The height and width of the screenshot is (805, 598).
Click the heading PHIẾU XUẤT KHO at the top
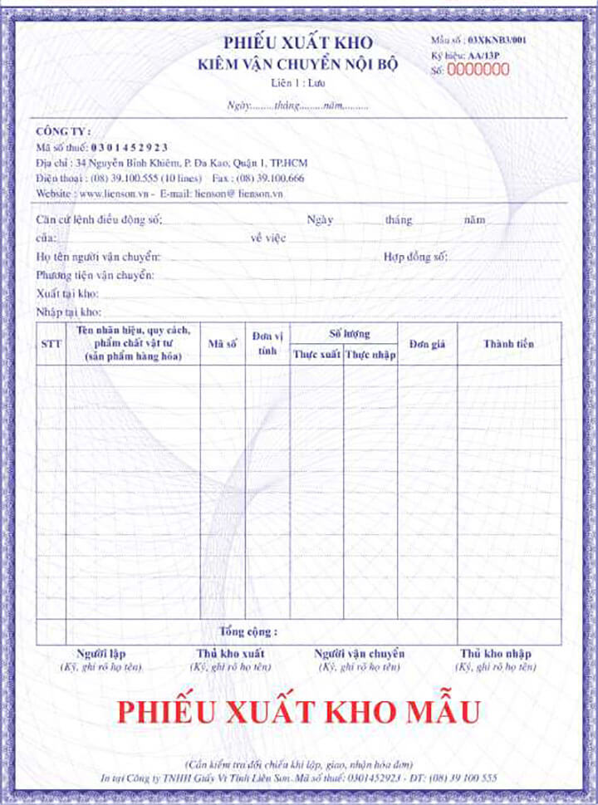297,43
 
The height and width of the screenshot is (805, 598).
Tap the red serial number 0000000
478,70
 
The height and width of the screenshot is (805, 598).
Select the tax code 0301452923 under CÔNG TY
130,147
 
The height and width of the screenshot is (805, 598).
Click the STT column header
51,344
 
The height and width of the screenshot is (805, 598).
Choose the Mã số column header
223,343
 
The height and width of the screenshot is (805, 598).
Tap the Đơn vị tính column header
267,343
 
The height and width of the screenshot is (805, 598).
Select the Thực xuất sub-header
316,355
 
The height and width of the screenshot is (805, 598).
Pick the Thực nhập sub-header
370,355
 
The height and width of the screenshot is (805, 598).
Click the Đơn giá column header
427,344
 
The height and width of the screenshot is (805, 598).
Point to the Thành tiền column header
508,344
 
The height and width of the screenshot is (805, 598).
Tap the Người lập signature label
100,654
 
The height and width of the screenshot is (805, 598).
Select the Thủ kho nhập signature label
495,654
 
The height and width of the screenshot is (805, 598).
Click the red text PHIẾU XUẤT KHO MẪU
298,712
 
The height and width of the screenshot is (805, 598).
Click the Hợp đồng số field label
415,258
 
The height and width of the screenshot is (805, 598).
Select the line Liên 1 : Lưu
297,84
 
